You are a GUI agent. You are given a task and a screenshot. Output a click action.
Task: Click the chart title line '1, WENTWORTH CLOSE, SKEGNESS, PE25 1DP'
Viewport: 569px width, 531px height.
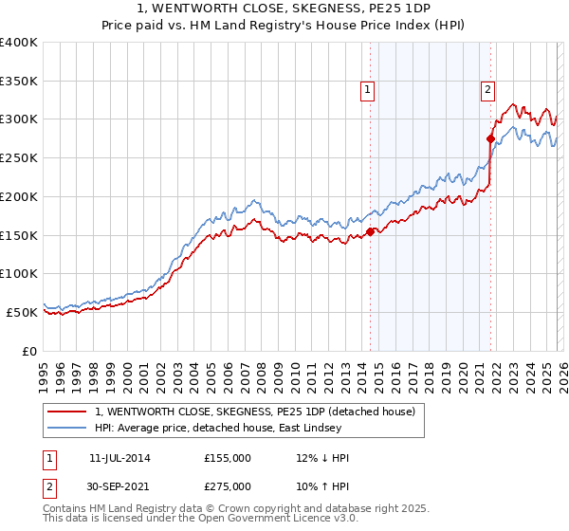284,9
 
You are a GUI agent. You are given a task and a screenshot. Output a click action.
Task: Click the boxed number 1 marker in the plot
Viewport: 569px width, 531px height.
367,90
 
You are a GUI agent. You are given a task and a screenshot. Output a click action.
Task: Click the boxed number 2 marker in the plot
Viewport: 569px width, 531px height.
487,90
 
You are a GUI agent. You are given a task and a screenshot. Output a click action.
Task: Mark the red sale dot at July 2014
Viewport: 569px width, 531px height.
370,231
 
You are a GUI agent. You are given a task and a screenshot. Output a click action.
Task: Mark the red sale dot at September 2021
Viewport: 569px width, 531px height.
491,139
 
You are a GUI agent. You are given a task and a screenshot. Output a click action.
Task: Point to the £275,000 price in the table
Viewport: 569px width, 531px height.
228,485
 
